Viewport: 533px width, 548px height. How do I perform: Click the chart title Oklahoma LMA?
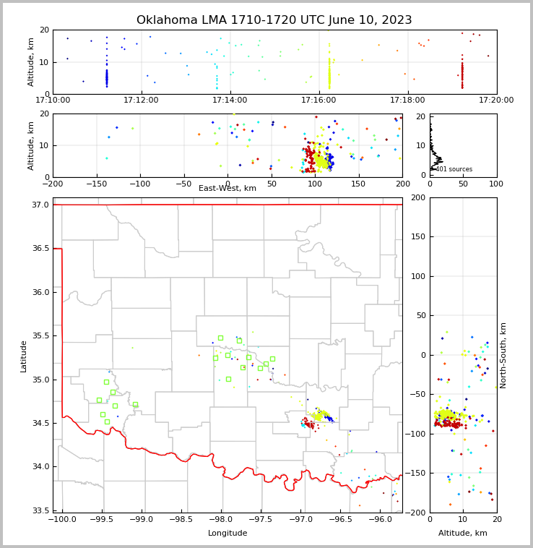point(274,20)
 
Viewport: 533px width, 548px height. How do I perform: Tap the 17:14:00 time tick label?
point(230,100)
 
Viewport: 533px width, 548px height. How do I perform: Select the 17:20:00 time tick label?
point(496,100)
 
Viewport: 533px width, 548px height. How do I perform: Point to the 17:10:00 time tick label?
point(53,100)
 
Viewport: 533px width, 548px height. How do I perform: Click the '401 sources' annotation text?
point(454,169)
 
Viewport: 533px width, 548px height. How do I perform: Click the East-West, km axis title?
point(227,189)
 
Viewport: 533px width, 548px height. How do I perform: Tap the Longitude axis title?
point(227,534)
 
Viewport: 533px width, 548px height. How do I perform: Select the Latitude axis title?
point(24,356)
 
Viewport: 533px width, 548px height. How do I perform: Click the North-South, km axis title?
point(503,355)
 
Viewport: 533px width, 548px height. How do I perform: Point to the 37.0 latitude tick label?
point(41,205)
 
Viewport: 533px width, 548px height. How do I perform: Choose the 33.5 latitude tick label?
point(41,510)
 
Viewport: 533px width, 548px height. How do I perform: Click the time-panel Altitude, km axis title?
point(31,62)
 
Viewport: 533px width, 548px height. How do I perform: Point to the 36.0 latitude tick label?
point(41,292)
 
